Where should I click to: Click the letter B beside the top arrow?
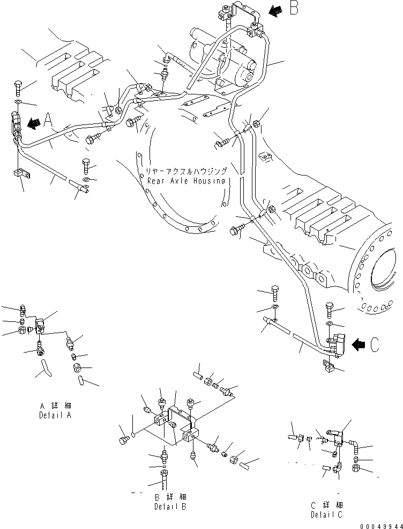pos(294,9)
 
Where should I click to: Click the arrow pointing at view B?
pos(275,9)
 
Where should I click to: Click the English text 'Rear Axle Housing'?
pos(186,181)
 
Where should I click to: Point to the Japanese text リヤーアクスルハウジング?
pos(186,171)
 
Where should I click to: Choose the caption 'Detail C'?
pos(327,515)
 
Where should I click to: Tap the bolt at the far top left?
pos(17,86)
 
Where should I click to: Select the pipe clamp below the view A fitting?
pos(20,174)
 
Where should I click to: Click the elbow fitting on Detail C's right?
pos(355,443)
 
